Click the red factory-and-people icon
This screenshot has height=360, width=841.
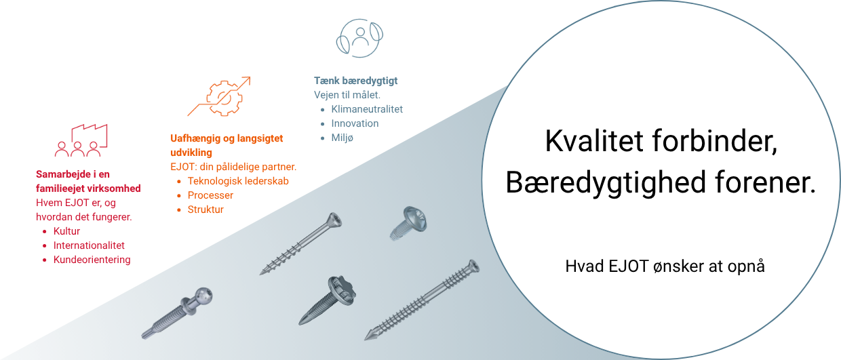81,140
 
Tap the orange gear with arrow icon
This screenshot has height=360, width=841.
219,96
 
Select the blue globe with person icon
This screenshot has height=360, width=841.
359,38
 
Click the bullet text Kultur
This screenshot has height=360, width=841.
66,231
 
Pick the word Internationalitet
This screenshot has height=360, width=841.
89,245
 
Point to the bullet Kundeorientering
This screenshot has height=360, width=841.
92,260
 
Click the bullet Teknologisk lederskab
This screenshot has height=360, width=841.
238,181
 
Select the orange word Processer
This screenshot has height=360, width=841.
210,195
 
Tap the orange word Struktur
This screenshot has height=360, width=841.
206,209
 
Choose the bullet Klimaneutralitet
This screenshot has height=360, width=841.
367,109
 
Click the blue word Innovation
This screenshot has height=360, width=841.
355,123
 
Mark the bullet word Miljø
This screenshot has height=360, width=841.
342,138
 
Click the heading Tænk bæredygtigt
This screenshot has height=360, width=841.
355,81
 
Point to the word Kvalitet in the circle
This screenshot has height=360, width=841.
594,141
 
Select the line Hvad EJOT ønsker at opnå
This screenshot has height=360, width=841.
665,266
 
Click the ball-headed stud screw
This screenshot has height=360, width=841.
177,313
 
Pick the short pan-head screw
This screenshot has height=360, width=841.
408,223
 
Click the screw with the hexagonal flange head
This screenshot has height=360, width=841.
327,300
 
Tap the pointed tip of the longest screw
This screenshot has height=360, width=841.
366,340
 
